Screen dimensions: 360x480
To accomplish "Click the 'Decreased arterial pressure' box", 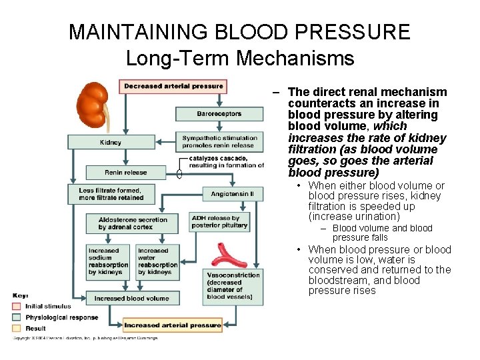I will click(173, 86).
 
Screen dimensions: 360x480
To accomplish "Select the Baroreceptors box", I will click(219, 114).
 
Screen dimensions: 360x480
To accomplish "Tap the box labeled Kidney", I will click(110, 142).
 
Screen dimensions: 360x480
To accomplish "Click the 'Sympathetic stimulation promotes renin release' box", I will click(219, 142).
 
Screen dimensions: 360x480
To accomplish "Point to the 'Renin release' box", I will click(125, 173).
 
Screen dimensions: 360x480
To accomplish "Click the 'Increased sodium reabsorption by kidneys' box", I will click(108, 261).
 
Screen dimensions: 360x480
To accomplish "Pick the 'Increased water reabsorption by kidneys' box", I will click(157, 261).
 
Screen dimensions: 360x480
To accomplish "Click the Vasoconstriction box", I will click(233, 285).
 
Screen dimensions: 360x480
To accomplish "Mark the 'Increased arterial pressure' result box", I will click(173, 325).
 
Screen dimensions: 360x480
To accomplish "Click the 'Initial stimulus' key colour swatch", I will click(17, 306).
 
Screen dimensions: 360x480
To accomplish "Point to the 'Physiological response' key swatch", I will click(17, 317).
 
